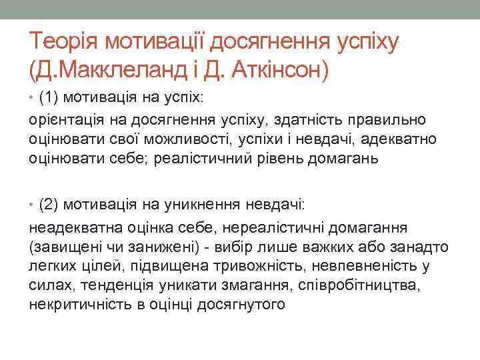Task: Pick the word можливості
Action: [x=195, y=139]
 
